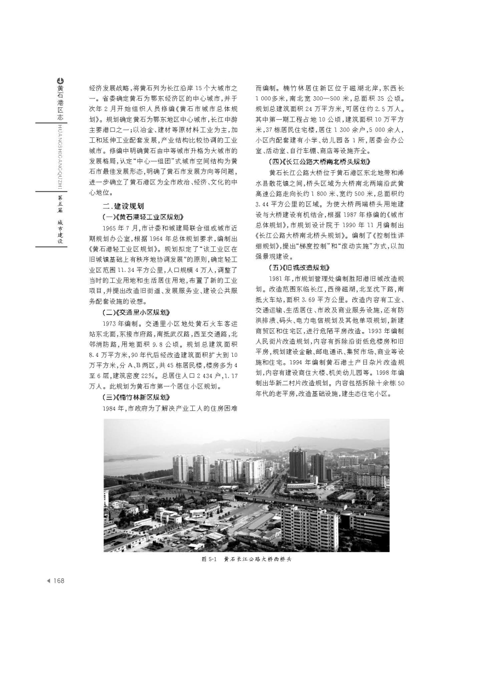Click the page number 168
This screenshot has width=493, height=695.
(59, 581)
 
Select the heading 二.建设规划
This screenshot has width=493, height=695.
(123, 206)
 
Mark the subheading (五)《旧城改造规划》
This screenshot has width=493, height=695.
(299, 267)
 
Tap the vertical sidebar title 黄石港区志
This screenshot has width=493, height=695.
(60, 104)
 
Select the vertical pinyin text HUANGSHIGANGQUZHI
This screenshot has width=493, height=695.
(60, 156)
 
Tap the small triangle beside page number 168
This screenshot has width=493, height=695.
(49, 581)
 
